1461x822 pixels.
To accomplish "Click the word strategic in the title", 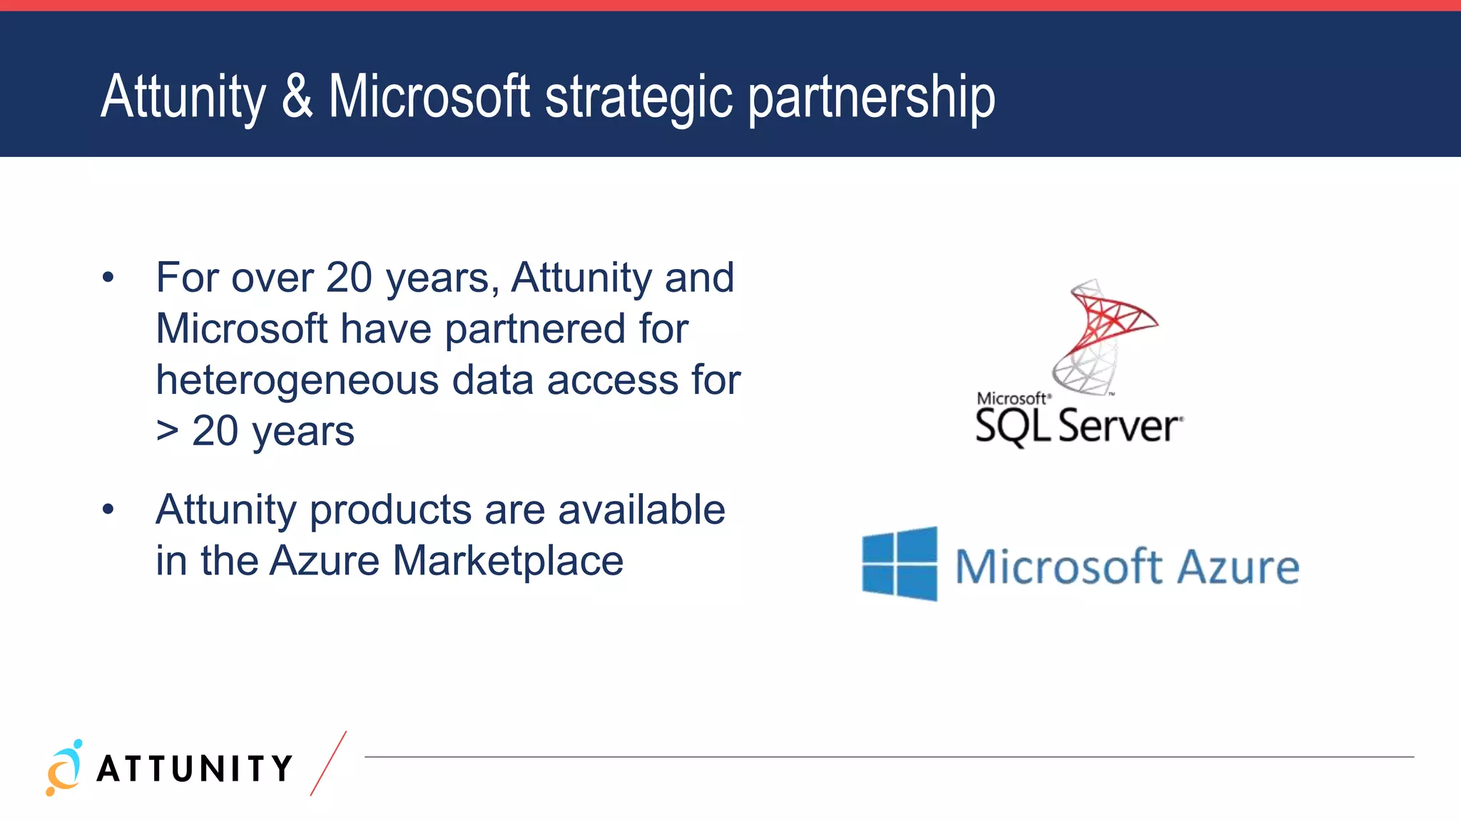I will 638,98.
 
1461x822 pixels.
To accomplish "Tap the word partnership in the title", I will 871,98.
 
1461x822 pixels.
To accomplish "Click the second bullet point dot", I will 108,509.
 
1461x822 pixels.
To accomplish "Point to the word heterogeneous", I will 297,380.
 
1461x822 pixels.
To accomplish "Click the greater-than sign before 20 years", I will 167,431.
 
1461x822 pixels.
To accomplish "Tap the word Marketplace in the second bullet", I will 508,561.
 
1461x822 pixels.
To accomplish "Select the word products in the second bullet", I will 390,511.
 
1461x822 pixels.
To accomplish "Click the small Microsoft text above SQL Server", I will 1012,398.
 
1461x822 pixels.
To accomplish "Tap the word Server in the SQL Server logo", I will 1119,427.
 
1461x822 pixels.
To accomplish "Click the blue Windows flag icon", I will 900,564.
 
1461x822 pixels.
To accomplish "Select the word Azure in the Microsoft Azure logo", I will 1238,567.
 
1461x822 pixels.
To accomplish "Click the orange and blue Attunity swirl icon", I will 64,768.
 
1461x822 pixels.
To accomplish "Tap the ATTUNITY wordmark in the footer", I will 194,769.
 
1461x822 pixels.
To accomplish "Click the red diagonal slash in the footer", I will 328,763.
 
